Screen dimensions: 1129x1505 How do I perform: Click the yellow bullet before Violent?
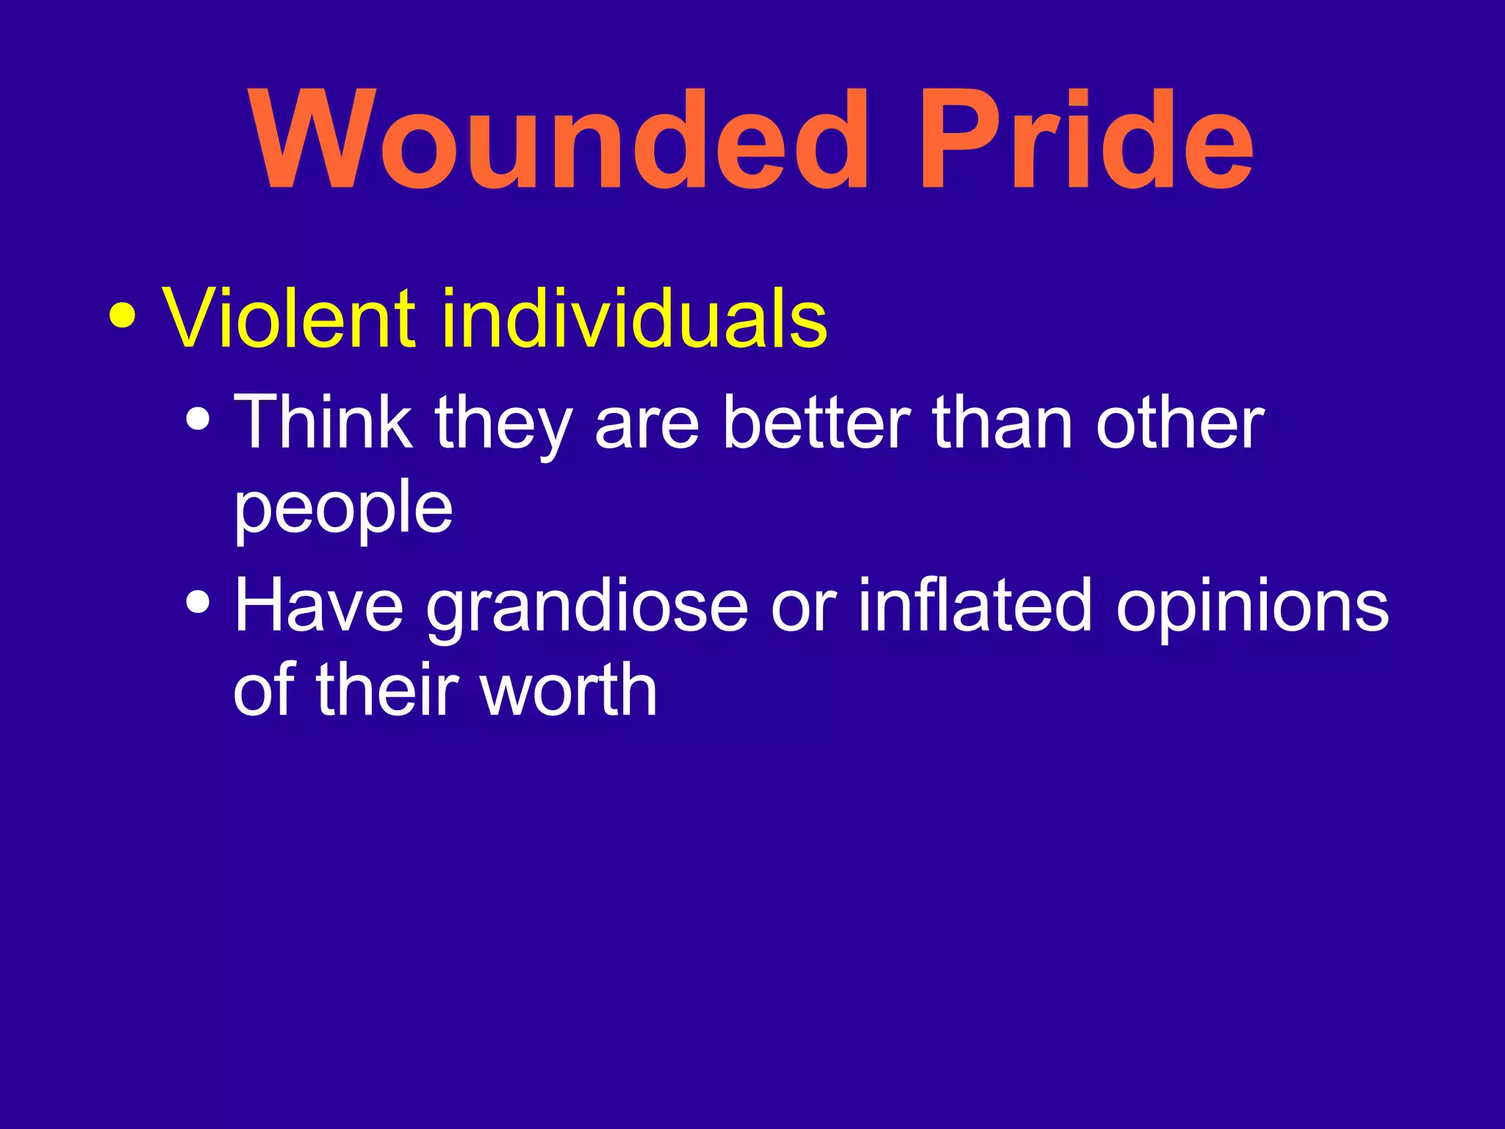(122, 316)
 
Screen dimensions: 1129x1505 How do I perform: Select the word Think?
(323, 422)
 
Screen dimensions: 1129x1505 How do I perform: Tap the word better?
(816, 422)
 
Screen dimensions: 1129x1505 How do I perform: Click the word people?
(342, 509)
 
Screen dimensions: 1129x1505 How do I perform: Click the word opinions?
(1252, 607)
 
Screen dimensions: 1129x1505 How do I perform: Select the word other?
(1179, 422)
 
